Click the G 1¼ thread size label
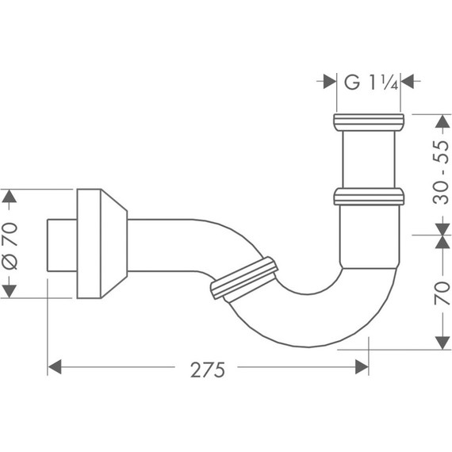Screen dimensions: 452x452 click(369, 80)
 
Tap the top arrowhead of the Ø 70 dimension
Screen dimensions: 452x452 click(10, 196)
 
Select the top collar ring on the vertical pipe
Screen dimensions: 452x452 click(369, 121)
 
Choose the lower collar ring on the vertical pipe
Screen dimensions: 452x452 click(369, 195)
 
